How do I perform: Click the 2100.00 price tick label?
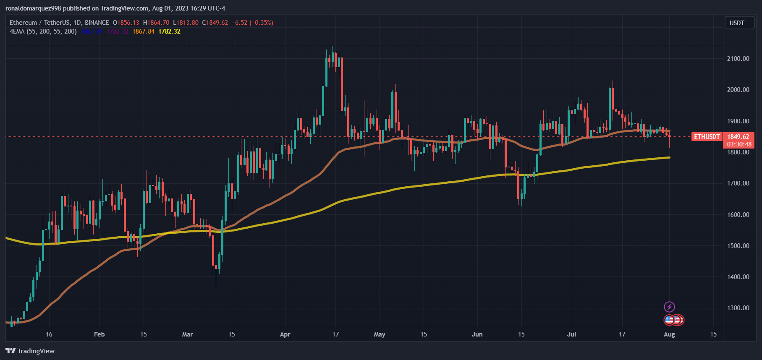(x=738, y=58)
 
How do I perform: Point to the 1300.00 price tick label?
(x=738, y=308)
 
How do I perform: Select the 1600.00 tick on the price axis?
(x=738, y=214)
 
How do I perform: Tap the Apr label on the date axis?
(x=285, y=334)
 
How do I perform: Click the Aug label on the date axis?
(x=669, y=334)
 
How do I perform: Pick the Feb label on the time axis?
(x=99, y=334)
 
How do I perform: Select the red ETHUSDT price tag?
(x=707, y=137)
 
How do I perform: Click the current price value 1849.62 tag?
(x=738, y=137)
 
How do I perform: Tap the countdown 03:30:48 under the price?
(x=739, y=144)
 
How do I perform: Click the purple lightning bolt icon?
(x=669, y=307)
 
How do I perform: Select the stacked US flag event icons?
(x=674, y=320)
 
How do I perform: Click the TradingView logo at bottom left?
(x=30, y=351)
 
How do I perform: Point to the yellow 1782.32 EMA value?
(x=169, y=31)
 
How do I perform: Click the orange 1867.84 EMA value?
(x=144, y=31)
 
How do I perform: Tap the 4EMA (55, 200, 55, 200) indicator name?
(x=43, y=31)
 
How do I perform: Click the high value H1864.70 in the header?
(x=156, y=23)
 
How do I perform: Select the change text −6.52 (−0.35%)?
(x=252, y=23)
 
